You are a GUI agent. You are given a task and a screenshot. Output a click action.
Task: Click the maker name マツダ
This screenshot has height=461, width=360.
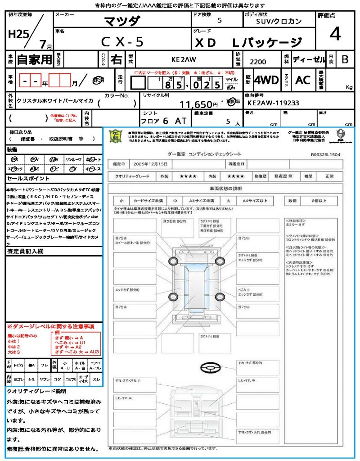coord(122,21)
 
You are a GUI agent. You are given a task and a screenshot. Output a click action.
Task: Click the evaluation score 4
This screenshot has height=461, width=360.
coord(335,35)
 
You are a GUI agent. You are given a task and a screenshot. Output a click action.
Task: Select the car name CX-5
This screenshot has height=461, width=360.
coord(122,42)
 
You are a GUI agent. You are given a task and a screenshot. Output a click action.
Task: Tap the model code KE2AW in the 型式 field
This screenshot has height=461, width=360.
coord(183,59)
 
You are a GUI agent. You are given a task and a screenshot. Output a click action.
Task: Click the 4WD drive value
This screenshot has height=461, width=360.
coord(266,80)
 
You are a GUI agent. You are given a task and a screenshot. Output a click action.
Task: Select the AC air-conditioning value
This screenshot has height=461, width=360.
coord(303,80)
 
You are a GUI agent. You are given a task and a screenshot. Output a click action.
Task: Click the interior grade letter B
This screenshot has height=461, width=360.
coord(345,59)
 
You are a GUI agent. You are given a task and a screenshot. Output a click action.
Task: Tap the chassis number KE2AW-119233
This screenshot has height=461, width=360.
coord(273,103)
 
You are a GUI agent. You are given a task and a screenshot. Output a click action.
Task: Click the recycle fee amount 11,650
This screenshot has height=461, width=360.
coord(195,104)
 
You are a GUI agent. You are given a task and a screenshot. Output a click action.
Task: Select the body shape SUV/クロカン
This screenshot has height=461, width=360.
coord(279,21)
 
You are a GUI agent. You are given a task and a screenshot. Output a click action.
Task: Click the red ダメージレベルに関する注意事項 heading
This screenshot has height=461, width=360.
coord(51,326)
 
